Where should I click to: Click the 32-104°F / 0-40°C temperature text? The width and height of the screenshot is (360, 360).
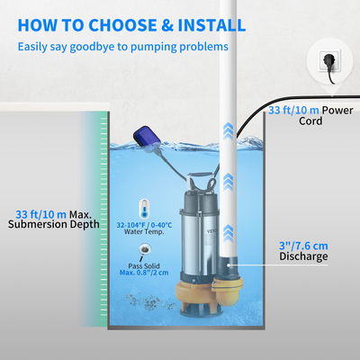pos(145,222)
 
